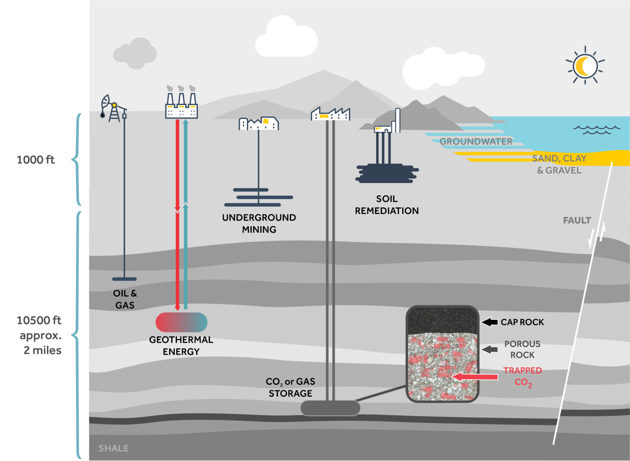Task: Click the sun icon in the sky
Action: (585, 65)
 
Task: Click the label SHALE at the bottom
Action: (114, 448)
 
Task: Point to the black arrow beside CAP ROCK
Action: (490, 322)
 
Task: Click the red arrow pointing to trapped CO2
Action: (475, 377)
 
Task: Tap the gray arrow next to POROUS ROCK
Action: (490, 349)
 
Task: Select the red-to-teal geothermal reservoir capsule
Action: (181, 322)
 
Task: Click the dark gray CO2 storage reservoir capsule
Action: (330, 408)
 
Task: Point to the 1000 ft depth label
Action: (36, 160)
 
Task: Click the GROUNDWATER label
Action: (476, 141)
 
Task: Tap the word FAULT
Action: (577, 220)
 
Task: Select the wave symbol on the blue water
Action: (596, 130)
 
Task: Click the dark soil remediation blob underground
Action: (387, 174)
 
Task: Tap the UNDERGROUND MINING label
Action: (259, 223)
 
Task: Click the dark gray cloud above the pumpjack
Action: (135, 54)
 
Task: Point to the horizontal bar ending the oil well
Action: (124, 279)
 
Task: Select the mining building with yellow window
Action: (259, 124)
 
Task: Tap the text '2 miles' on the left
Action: (42, 350)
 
